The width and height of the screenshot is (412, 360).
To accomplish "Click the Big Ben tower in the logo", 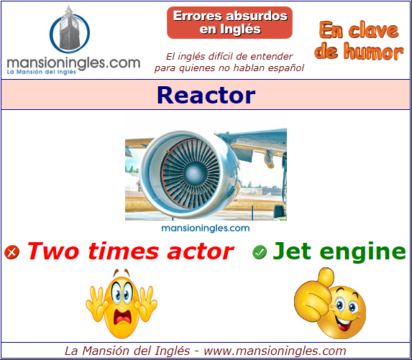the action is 69,28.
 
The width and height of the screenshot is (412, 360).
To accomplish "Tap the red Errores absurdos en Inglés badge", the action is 229,22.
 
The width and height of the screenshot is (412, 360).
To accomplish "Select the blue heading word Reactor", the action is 206,95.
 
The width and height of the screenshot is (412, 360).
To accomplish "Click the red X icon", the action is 12,252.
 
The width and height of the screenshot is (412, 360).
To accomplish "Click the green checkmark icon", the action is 260,252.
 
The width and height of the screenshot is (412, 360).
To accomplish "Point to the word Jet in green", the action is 292,251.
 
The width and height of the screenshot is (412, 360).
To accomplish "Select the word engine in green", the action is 363,252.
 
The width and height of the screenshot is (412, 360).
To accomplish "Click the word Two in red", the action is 53,251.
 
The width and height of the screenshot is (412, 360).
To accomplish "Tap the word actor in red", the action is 200,251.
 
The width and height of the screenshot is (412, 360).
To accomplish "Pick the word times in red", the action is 124,251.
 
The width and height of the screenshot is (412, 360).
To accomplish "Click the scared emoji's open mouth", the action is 122,317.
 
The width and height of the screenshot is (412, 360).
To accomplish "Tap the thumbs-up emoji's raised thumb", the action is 325,277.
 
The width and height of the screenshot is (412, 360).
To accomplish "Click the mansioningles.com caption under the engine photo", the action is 206,229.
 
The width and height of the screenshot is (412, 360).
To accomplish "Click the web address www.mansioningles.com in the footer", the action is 275,351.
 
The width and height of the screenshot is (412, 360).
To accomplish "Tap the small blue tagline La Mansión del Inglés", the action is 41,72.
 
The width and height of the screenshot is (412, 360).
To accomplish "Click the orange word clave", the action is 373,30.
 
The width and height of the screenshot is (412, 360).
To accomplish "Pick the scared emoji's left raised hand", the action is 96,303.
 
